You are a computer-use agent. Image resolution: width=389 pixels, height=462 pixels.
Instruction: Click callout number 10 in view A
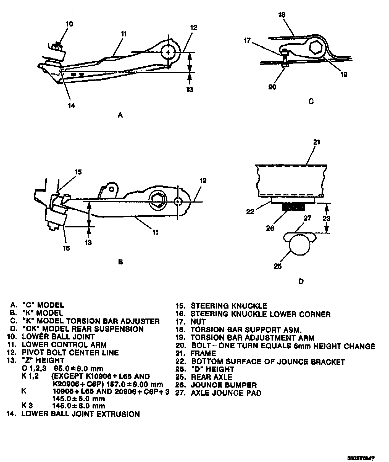pos(69,24)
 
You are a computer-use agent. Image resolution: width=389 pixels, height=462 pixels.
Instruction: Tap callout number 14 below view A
pos(71,105)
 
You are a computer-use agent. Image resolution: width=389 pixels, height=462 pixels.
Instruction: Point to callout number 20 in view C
pos(272,87)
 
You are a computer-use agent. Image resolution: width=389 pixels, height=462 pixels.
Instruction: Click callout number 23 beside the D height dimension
pos(326,218)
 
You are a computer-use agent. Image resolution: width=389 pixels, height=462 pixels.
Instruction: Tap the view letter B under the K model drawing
pos(120,262)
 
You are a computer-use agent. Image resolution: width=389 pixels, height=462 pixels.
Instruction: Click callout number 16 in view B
pos(66,248)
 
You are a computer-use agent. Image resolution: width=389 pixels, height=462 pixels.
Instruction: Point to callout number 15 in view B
pos(78,172)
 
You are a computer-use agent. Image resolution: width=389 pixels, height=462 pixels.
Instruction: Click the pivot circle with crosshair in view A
pos(168,52)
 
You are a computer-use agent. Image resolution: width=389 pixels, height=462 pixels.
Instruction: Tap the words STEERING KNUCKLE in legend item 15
pos(229,306)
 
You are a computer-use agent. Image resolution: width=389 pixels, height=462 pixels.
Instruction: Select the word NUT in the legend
pos(198,322)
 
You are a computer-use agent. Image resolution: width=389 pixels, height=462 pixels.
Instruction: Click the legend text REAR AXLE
pos(211,377)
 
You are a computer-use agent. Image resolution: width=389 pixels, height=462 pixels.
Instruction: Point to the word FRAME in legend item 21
pos(203,353)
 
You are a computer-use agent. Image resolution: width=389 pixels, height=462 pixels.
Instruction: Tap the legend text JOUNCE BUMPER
pos(224,385)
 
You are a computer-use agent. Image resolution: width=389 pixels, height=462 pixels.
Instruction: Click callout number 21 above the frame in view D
pos(317,142)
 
